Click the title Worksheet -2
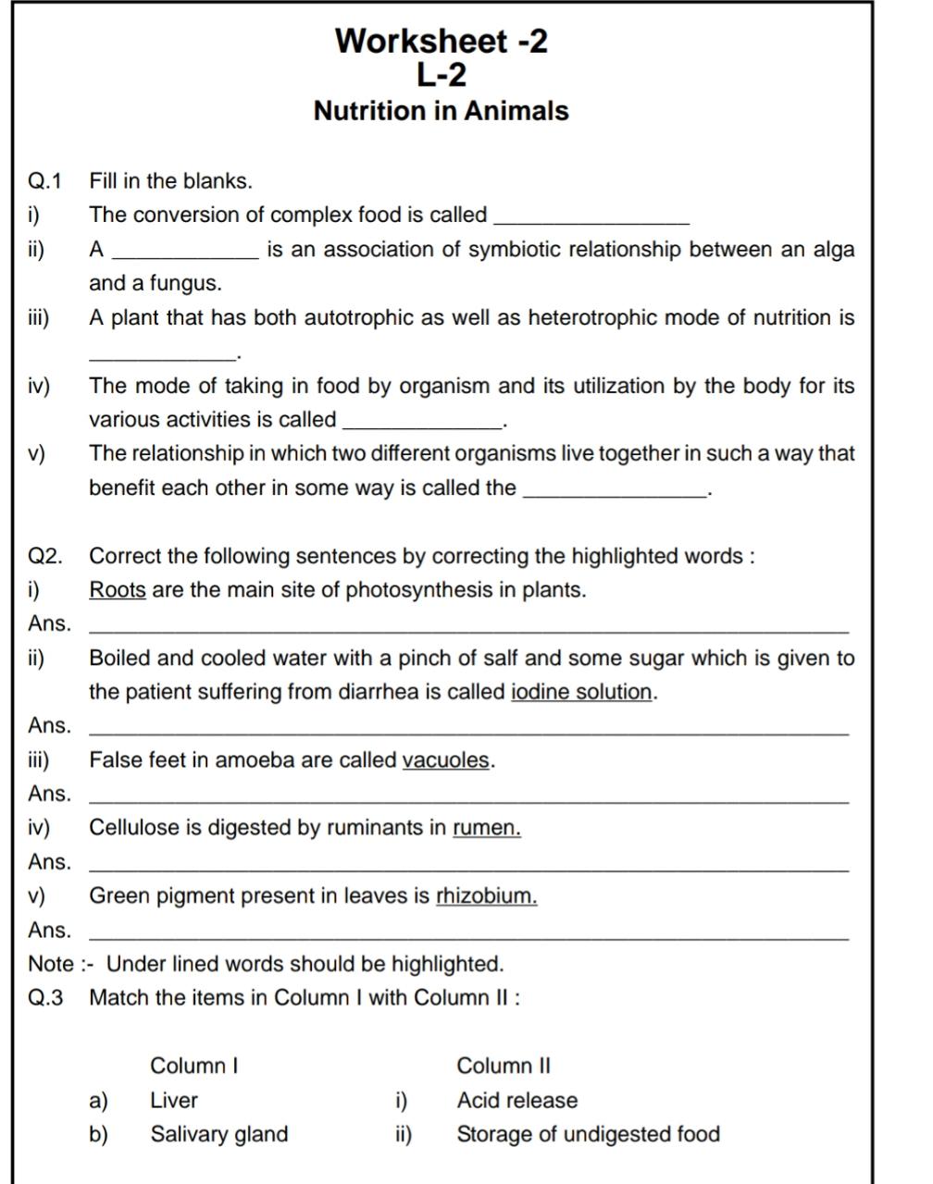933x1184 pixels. click(441, 41)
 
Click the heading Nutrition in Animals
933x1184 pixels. click(441, 111)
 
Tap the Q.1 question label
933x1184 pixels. click(44, 181)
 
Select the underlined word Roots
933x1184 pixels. click(118, 590)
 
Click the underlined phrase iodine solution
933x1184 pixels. click(582, 692)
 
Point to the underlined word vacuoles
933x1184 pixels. click(446, 760)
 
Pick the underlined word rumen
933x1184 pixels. click(487, 828)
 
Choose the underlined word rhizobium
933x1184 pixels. click(487, 896)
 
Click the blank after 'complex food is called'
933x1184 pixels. click(592, 218)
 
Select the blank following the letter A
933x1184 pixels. click(185, 253)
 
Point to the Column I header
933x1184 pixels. click(194, 1066)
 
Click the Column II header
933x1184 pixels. click(504, 1066)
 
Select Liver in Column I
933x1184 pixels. click(174, 1101)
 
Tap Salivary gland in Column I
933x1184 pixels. click(219, 1134)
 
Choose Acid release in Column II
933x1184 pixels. click(517, 1101)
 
